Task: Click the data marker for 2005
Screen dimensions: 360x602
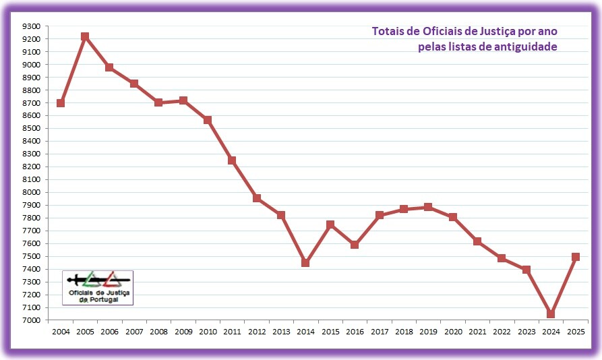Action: click(x=85, y=36)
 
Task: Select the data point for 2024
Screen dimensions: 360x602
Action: click(x=551, y=314)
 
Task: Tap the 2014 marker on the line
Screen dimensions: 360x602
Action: click(x=305, y=263)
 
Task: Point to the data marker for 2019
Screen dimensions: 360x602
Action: click(x=428, y=207)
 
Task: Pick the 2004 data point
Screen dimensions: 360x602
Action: click(x=61, y=103)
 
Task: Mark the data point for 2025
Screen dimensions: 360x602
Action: click(x=575, y=257)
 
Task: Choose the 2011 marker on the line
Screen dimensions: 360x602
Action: click(x=232, y=160)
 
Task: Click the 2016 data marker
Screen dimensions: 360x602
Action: click(x=355, y=245)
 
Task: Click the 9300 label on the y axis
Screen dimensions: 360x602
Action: click(x=32, y=26)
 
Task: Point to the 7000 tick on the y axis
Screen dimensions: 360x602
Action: click(x=32, y=320)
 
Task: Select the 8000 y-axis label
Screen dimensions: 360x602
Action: click(x=32, y=192)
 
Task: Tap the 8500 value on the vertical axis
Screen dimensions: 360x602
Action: click(x=32, y=129)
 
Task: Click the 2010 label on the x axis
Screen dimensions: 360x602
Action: click(x=208, y=332)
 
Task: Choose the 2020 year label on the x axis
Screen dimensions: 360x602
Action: click(x=452, y=332)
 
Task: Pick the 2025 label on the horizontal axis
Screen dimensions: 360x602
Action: click(x=575, y=332)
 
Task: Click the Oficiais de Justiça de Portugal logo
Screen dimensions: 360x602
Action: click(x=98, y=287)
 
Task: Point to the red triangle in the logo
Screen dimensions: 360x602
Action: click(x=111, y=279)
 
